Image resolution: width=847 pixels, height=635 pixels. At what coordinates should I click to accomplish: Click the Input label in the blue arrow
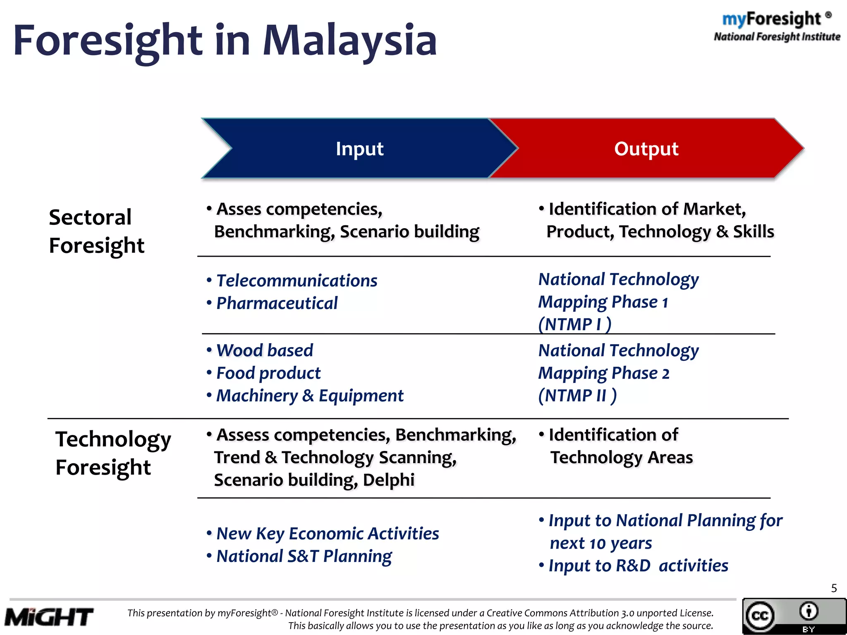coord(359,149)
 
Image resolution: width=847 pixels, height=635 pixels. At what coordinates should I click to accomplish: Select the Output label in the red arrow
coord(646,149)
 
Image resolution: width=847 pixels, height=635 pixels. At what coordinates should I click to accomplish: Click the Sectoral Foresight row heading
coord(96,231)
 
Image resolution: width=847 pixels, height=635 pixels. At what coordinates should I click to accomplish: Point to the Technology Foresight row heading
coord(112,453)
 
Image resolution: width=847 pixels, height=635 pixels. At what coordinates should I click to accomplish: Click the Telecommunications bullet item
coord(297,281)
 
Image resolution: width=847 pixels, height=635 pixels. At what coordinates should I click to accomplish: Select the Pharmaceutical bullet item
coord(277,303)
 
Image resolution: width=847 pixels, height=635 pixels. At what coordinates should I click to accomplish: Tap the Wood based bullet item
coord(264,351)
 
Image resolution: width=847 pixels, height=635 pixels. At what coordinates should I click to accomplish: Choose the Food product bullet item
coord(268,373)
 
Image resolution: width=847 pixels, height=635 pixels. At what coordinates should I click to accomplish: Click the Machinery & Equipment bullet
coord(309,396)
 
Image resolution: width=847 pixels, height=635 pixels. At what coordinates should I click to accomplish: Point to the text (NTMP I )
coord(574,325)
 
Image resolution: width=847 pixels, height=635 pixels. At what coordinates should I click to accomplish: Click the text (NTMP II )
coord(577,396)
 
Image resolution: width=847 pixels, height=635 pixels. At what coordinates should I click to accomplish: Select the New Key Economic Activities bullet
coord(327,534)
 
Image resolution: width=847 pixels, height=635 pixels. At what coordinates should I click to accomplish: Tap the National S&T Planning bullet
coord(304,556)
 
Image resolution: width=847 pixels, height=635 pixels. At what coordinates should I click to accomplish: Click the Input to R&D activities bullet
coord(638,566)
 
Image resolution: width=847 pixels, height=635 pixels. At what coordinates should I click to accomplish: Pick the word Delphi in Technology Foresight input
coord(388,480)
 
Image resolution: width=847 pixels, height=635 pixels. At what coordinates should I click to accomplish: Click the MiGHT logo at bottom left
coord(49,617)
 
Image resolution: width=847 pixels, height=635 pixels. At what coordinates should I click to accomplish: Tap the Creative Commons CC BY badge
coord(793,616)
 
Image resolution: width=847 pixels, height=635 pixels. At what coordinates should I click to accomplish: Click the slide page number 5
coord(834,588)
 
